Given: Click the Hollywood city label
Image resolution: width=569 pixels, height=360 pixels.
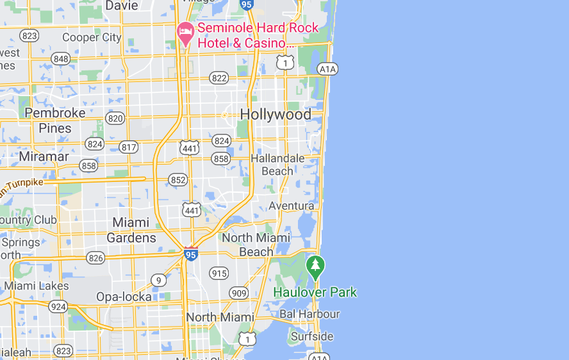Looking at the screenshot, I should pyautogui.click(x=276, y=115).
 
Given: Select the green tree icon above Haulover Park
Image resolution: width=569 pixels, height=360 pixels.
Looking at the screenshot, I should pyautogui.click(x=315, y=267).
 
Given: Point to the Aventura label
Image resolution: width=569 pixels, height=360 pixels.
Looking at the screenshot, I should pyautogui.click(x=292, y=206).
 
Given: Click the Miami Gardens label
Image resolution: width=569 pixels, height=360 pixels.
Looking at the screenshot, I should pyautogui.click(x=134, y=230).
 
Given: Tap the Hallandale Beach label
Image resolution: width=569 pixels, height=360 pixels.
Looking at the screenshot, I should pyautogui.click(x=277, y=165).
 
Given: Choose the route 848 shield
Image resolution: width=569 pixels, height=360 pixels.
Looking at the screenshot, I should pyautogui.click(x=61, y=59).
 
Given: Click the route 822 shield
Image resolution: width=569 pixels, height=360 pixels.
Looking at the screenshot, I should pyautogui.click(x=219, y=78).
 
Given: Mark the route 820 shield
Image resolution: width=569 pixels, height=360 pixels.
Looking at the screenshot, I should pyautogui.click(x=116, y=118).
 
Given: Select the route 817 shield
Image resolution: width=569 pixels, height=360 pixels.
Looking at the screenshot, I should pyautogui.click(x=129, y=147).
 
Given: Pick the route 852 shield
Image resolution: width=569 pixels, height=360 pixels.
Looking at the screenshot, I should pyautogui.click(x=179, y=180).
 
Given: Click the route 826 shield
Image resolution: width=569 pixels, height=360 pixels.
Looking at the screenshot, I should pyautogui.click(x=96, y=258).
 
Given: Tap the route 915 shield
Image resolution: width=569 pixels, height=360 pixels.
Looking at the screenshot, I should pyautogui.click(x=219, y=273).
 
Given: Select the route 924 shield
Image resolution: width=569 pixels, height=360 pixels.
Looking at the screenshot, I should pyautogui.click(x=58, y=306).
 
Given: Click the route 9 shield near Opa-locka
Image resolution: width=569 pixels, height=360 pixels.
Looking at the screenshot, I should pyautogui.click(x=158, y=280).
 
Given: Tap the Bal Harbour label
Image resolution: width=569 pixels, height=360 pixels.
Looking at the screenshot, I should pyautogui.click(x=309, y=315).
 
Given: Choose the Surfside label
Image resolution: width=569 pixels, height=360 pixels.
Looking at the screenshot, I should pyautogui.click(x=312, y=336).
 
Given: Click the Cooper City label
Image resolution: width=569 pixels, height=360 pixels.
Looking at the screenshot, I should pyautogui.click(x=92, y=37).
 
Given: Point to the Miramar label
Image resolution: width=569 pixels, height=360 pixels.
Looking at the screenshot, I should pyautogui.click(x=44, y=156).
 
